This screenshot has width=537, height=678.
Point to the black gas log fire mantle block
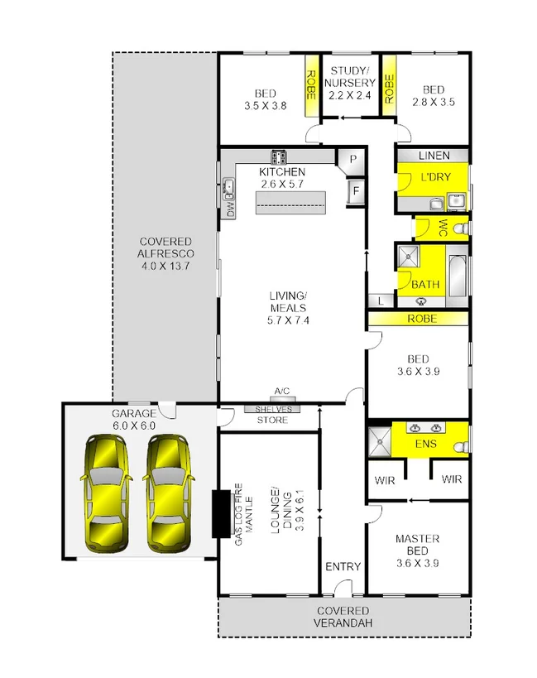tap(222, 513)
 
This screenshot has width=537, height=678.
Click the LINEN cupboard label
tap(434, 156)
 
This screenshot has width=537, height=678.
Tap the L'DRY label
tap(434, 178)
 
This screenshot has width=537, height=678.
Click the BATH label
tap(425, 285)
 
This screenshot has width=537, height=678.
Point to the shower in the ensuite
tap(380, 440)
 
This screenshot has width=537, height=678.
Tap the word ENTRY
tap(343, 567)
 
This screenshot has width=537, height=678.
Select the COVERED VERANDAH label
tap(343, 617)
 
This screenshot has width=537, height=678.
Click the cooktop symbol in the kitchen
tap(277, 156)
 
